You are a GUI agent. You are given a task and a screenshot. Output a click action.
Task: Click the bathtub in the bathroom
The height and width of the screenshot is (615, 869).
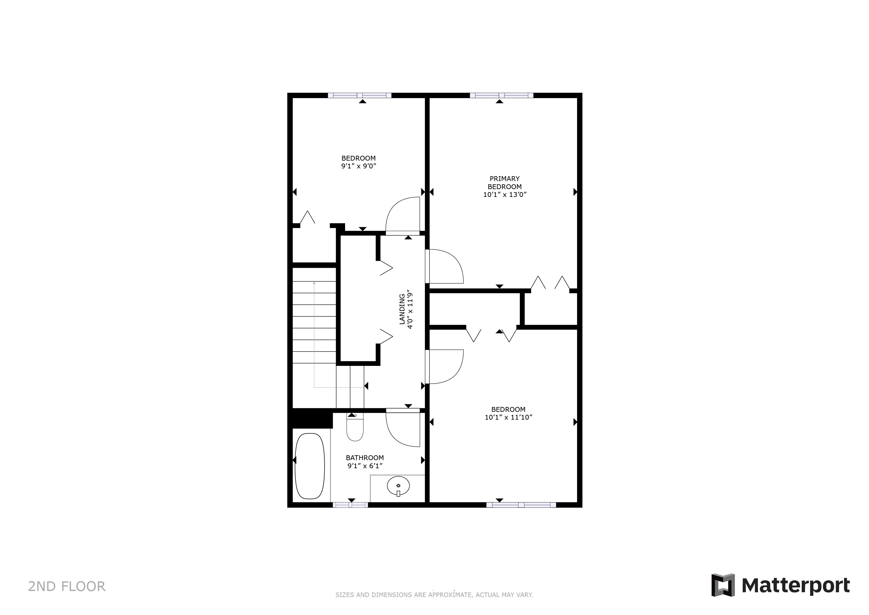310,466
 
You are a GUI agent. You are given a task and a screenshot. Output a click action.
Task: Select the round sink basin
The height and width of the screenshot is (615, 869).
398,486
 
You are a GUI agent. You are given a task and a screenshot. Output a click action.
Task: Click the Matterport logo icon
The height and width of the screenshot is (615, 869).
723,585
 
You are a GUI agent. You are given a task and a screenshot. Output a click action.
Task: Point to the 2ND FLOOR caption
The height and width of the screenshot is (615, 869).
67,586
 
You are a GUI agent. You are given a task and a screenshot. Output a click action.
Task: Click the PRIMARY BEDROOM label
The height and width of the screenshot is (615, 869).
504,182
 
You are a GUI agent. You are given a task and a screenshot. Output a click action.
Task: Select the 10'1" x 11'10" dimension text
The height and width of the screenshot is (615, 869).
508,417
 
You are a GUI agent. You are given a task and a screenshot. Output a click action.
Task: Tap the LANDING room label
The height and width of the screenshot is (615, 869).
402,309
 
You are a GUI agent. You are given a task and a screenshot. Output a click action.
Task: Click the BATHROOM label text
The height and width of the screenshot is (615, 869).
365,458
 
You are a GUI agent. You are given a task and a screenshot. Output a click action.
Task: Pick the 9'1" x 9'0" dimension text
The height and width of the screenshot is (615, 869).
358,166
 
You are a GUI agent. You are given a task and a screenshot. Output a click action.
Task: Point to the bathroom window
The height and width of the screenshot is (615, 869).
350,505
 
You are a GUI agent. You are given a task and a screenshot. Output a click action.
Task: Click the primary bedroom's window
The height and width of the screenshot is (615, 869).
501,95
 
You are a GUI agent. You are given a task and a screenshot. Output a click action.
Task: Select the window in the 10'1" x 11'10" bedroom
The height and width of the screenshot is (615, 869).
521,505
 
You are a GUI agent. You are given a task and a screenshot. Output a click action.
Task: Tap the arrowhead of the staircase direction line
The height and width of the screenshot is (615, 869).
314,282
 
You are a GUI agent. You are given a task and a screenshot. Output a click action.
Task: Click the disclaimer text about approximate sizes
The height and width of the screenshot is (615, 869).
434,595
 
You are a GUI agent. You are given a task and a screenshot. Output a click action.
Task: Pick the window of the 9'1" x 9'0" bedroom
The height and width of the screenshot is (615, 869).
359,95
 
